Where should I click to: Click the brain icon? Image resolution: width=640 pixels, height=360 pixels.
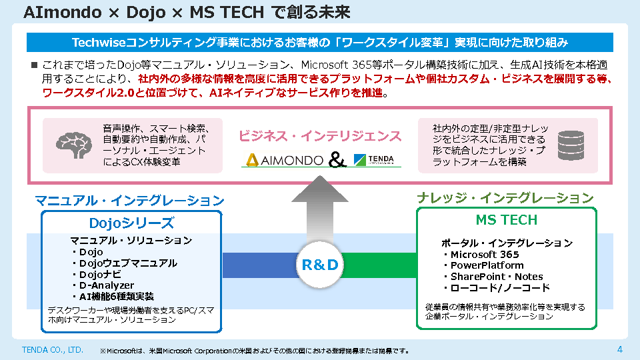click(x=73, y=145)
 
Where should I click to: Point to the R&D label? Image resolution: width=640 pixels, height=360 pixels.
click(x=320, y=265)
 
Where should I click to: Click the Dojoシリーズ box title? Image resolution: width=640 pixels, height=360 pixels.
click(x=131, y=223)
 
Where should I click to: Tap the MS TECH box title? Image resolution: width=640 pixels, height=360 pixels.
click(x=506, y=220)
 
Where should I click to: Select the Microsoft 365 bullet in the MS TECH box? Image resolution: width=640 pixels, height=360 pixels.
click(x=484, y=254)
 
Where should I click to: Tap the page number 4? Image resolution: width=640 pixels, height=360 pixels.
click(x=619, y=349)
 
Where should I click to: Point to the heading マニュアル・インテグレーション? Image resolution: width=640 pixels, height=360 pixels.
click(x=129, y=200)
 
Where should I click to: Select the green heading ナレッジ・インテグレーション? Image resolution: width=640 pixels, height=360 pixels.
click(x=505, y=198)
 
